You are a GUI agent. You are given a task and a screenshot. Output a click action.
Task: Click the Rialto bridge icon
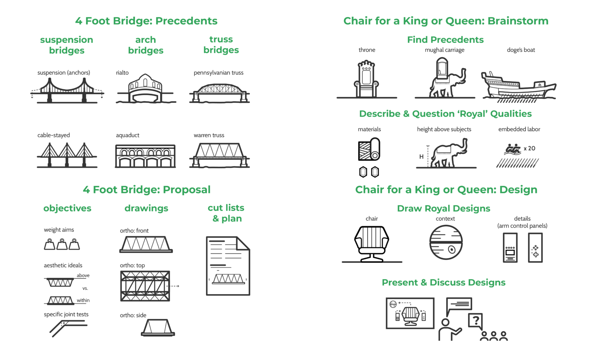(x=145, y=89)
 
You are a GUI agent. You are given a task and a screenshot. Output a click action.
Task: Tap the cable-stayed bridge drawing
(x=67, y=155)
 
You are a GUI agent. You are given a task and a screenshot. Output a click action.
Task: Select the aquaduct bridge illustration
(x=145, y=156)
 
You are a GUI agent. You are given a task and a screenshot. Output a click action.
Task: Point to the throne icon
(x=366, y=79)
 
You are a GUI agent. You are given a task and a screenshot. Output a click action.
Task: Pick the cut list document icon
(x=228, y=266)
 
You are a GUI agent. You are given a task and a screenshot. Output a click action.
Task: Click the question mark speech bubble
(x=475, y=320)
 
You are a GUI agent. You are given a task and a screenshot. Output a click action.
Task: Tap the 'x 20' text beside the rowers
(x=529, y=148)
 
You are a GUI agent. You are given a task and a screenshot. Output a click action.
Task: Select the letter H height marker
(x=421, y=157)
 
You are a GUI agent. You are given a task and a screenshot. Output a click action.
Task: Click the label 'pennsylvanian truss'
(x=219, y=73)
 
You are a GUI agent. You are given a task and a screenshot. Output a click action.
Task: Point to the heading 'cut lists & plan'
(x=226, y=213)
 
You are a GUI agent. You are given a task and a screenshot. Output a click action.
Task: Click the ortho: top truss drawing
(x=145, y=286)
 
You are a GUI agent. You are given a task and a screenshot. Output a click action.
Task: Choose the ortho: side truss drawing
(x=158, y=327)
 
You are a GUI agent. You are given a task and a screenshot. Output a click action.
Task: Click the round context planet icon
(x=446, y=242)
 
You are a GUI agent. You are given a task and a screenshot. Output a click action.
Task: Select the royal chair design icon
(x=372, y=244)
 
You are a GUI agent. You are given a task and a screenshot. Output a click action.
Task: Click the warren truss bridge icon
(x=219, y=155)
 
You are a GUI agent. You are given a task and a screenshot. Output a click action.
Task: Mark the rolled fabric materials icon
(x=369, y=150)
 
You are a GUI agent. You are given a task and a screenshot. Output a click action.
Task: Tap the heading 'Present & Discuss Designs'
(x=443, y=282)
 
